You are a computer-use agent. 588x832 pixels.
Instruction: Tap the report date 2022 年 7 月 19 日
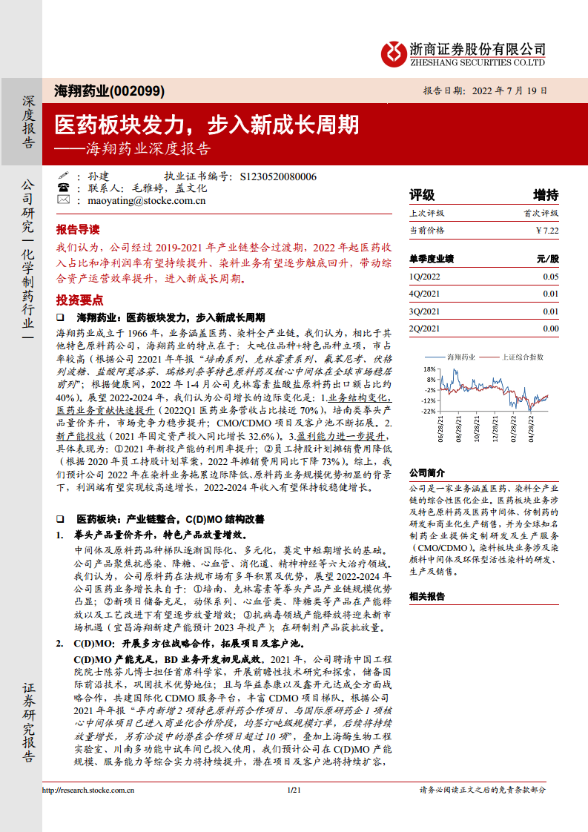point(506,91)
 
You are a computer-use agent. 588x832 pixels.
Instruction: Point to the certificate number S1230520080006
point(279,176)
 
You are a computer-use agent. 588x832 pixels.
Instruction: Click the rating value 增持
point(546,195)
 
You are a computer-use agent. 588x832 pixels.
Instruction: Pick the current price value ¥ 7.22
point(546,231)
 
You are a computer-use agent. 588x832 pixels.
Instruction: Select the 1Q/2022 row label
point(424,276)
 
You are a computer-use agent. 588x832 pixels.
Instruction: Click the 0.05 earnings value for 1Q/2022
point(550,276)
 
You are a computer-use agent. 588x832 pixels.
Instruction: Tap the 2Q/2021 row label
point(424,328)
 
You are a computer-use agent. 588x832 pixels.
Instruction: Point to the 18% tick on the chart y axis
point(429,369)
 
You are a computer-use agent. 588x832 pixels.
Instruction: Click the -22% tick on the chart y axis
point(429,411)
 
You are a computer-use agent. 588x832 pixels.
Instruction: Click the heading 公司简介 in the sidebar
point(427,473)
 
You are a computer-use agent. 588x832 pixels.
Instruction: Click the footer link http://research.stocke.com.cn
point(87,790)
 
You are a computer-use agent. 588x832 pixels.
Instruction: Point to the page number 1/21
point(293,790)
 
